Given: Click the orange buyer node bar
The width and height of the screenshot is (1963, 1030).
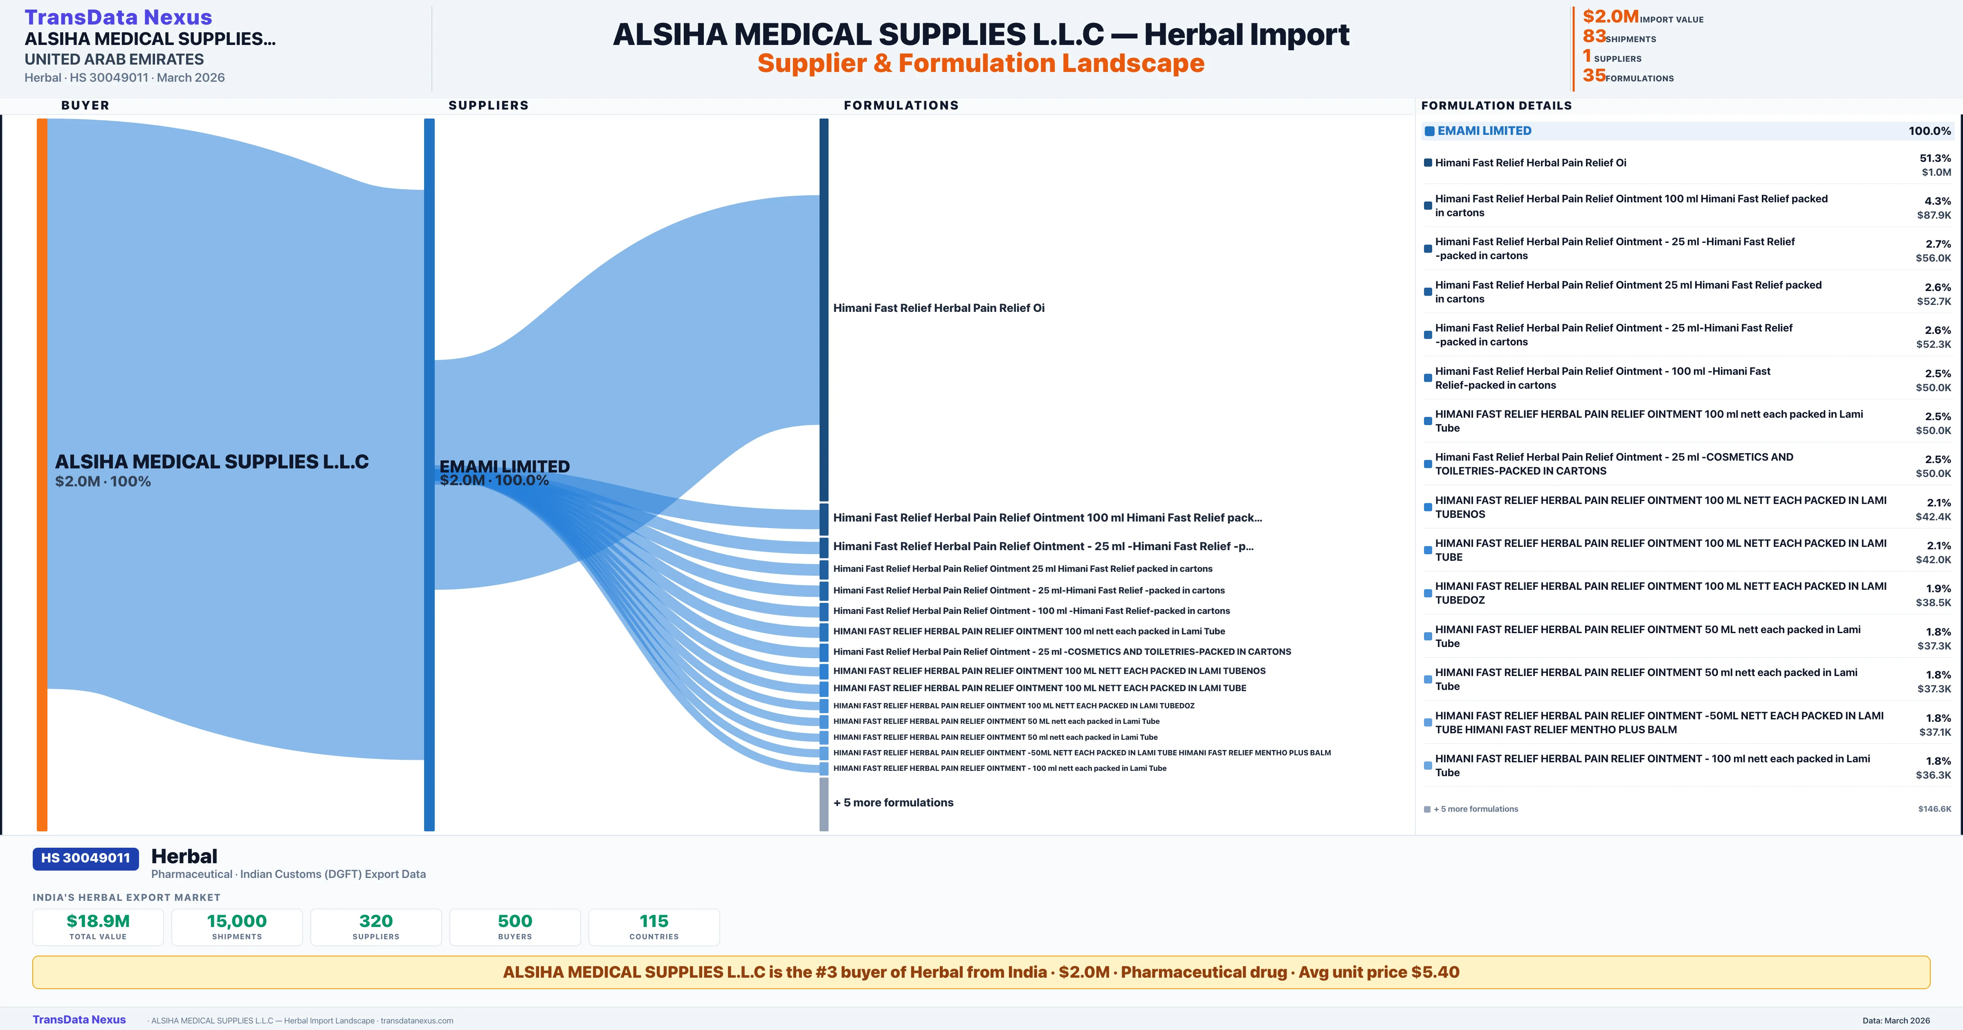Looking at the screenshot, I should pyautogui.click(x=42, y=472).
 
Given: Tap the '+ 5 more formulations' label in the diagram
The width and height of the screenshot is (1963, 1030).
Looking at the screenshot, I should pyautogui.click(x=893, y=802).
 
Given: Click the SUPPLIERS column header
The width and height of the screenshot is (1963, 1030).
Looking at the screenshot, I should pyautogui.click(x=488, y=105).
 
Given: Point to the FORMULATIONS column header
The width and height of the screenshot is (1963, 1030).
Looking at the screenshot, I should pyautogui.click(x=901, y=105).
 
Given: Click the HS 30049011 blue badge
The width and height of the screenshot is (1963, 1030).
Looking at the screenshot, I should pyautogui.click(x=85, y=858).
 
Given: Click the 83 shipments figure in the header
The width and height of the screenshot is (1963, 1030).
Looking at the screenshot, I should pyautogui.click(x=1594, y=36).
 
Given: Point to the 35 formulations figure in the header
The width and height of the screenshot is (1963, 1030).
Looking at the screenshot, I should pyautogui.click(x=1594, y=76).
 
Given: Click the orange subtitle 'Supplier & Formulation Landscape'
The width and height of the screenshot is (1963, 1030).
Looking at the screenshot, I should pyautogui.click(x=981, y=63).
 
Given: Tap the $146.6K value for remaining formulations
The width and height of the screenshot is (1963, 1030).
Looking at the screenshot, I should pyautogui.click(x=1934, y=809).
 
